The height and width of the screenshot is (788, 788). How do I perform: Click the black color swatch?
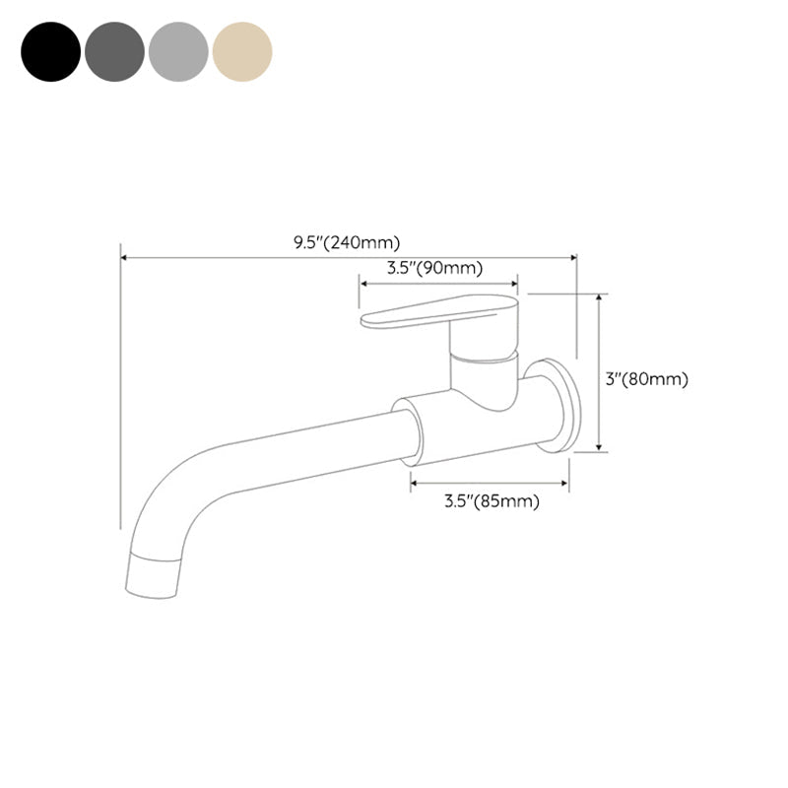pos(50,51)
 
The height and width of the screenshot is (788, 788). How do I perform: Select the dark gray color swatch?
pos(114,51)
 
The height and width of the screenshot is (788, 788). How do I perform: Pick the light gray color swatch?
pos(178,51)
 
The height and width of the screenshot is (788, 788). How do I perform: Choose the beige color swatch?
pos(242,51)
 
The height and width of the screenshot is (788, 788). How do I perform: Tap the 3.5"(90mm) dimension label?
pos(434,268)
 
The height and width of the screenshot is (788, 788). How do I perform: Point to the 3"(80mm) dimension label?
pos(647,379)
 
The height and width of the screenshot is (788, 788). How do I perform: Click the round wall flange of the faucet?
pos(557,406)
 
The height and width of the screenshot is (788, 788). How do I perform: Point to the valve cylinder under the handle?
pos(483,372)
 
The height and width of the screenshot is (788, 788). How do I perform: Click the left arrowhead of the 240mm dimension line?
pos(124,258)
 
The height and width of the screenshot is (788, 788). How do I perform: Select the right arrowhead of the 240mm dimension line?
pos(572,258)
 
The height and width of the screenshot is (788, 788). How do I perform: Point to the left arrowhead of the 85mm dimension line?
pos(415,483)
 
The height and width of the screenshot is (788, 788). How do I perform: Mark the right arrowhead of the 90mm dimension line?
pos(513,283)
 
